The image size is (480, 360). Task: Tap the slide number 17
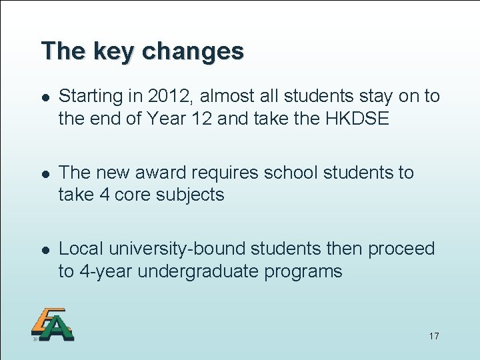(x=434, y=335)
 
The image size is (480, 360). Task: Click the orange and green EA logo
(x=52, y=325)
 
